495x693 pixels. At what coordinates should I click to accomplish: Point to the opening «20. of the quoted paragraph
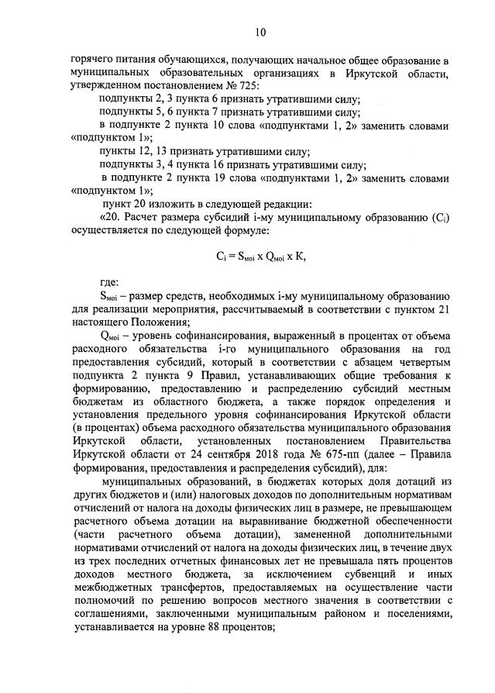click(x=112, y=218)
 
